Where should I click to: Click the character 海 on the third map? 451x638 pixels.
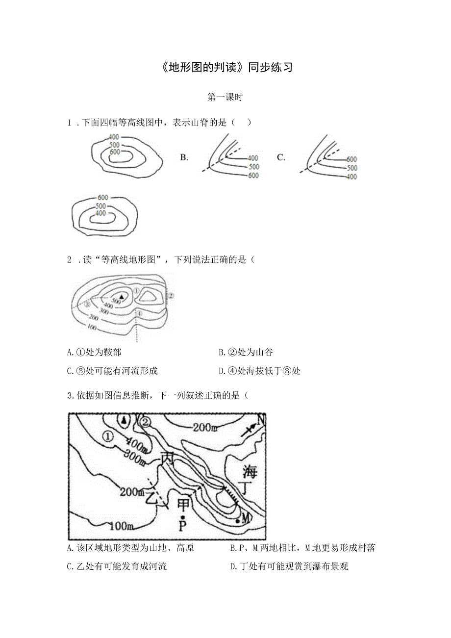coord(250,472)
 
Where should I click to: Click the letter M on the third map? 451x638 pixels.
coord(246,518)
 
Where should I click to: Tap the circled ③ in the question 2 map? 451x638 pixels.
coord(87,304)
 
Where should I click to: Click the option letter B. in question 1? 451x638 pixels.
coord(184,157)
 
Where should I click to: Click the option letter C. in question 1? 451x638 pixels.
coord(281,157)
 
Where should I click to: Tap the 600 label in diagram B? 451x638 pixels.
coord(253,176)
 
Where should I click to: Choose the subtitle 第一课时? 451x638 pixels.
coord(225,97)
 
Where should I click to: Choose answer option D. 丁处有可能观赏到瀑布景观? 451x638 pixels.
coord(289,566)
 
